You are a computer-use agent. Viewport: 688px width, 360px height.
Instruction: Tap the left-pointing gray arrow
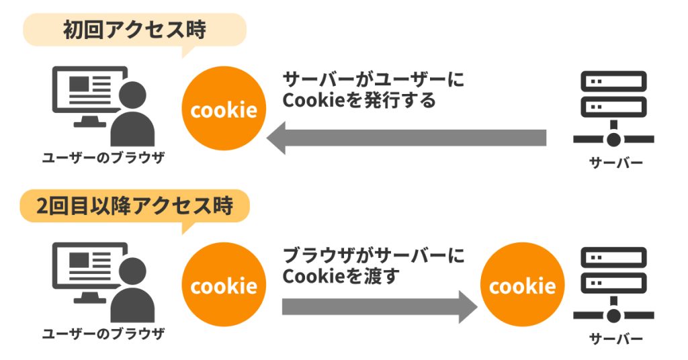pos(406,138)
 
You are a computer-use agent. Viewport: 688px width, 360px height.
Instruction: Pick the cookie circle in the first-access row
pos(224,109)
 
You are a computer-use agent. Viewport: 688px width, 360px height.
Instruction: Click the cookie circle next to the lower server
pos(522,287)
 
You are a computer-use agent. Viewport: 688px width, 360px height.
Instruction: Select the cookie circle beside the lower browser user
pos(224,287)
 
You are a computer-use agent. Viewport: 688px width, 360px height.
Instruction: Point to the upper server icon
pos(613,108)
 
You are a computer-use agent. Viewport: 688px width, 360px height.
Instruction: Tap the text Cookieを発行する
pos(359,101)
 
